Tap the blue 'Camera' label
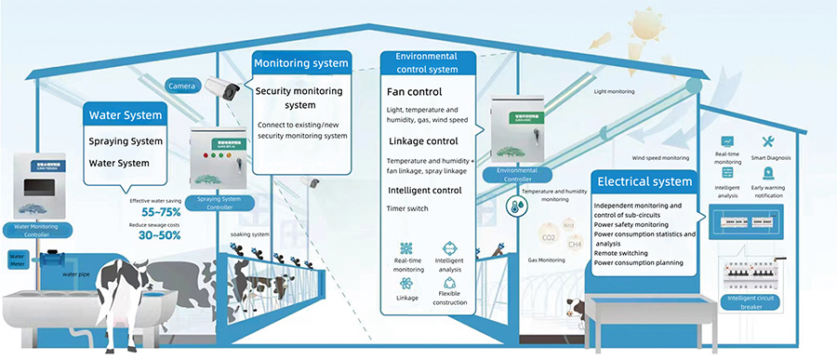click(183, 87)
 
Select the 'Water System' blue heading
click(126, 115)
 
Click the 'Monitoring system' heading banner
click(301, 64)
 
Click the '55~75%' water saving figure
click(154, 212)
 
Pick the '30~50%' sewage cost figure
click(154, 235)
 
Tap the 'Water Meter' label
click(17, 260)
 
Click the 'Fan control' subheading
click(414, 92)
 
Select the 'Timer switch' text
click(407, 208)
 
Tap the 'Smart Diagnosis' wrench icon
click(768, 142)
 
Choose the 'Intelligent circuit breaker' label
click(750, 305)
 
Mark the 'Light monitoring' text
click(614, 92)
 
